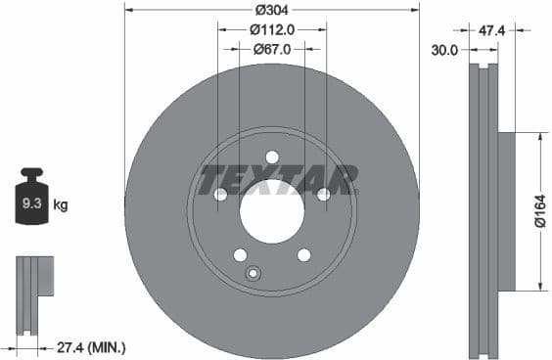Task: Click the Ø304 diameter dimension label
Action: pyautogui.click(x=271, y=10)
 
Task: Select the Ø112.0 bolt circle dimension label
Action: pyautogui.click(x=271, y=29)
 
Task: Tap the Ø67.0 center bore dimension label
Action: pyautogui.click(x=271, y=48)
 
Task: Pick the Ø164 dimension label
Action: pyautogui.click(x=539, y=211)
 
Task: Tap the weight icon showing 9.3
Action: pyautogui.click(x=31, y=200)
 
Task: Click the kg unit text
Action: pyautogui.click(x=61, y=205)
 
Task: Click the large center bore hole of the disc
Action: pyautogui.click(x=272, y=211)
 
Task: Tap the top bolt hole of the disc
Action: pyautogui.click(x=272, y=157)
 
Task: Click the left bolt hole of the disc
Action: pyautogui.click(x=220, y=195)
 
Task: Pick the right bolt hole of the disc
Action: pyautogui.click(x=324, y=195)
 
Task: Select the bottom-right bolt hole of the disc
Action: pyautogui.click(x=304, y=255)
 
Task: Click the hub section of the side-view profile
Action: pyautogui.click(x=506, y=211)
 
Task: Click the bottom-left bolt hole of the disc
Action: pyautogui.click(x=240, y=255)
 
